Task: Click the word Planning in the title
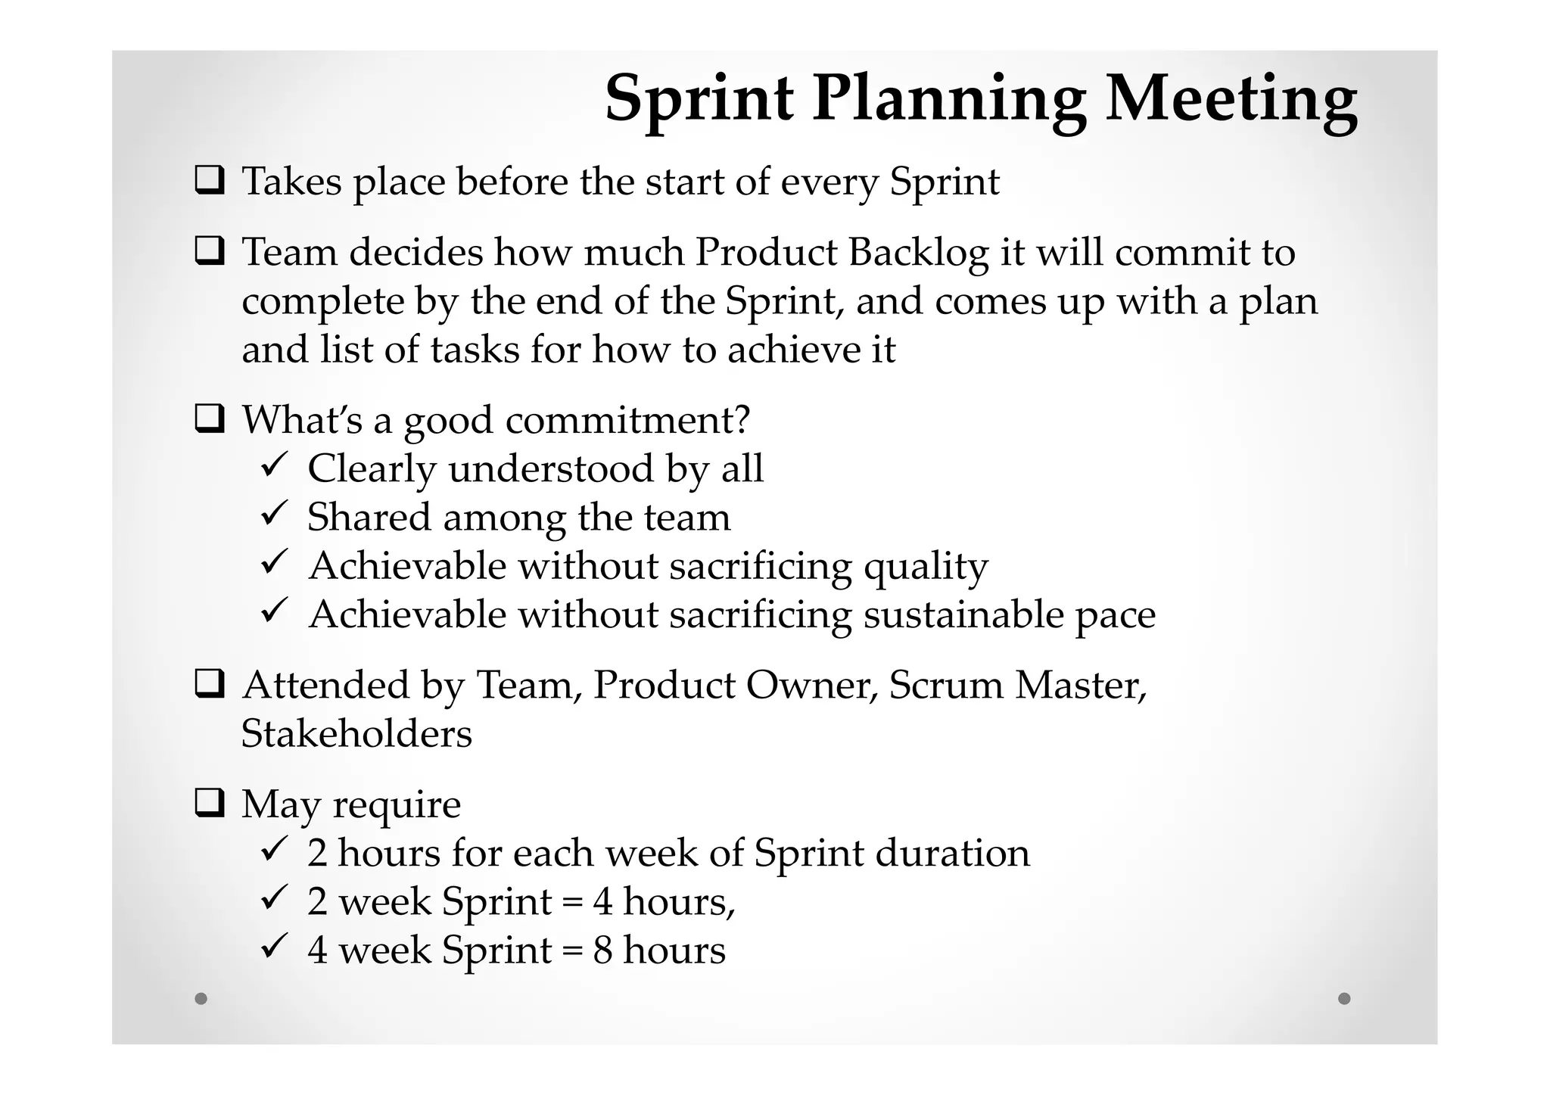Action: point(949,100)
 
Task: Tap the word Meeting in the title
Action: point(1231,100)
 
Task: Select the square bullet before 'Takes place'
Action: point(209,181)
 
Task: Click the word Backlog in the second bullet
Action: point(918,252)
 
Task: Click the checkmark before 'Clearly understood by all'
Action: point(272,465)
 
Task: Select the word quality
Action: point(926,566)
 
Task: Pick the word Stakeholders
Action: point(356,733)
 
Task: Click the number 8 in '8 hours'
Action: point(602,950)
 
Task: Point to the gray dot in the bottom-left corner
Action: point(201,998)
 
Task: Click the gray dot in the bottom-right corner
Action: point(1344,998)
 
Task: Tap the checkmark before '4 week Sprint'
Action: point(272,946)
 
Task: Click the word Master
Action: point(1080,685)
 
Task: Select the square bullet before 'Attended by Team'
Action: point(209,684)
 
